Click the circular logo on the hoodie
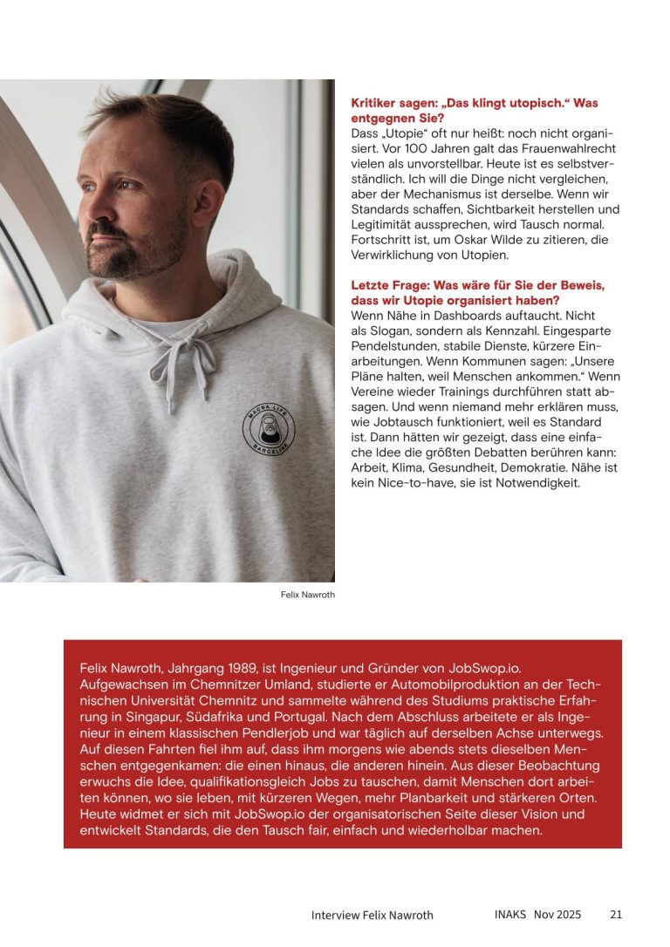(269, 429)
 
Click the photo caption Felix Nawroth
(308, 595)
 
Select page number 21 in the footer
(616, 915)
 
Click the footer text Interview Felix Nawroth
(372, 915)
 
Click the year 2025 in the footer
(568, 915)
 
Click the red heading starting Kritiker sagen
(475, 110)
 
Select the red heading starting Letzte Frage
(478, 292)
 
